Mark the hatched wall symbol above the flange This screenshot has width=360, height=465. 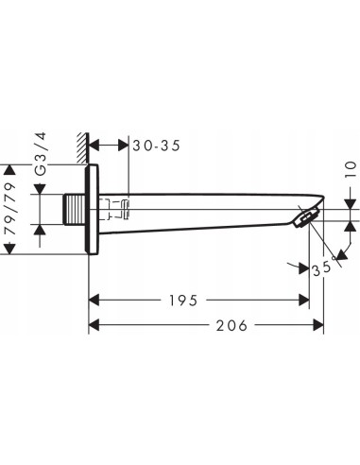point(83,146)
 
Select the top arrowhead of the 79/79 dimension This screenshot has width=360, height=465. point(10,169)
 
